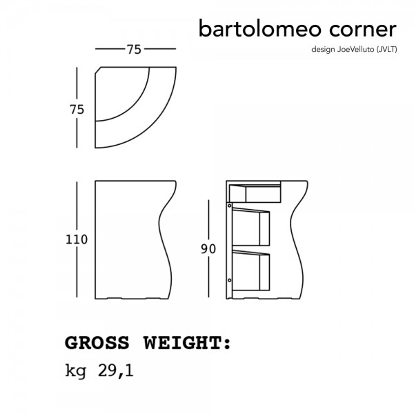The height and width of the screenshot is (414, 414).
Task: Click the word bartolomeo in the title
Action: coord(259,28)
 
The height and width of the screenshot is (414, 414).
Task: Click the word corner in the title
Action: coord(363,30)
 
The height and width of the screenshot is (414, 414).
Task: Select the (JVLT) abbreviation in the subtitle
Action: coord(386,50)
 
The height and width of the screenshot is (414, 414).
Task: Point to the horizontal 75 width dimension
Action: coord(134,50)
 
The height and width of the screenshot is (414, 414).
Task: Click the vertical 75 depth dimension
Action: coord(77,110)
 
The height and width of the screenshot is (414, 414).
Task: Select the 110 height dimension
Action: coord(77,239)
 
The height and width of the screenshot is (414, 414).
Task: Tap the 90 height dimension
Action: coord(208,249)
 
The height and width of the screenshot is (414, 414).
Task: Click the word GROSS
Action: coord(97,343)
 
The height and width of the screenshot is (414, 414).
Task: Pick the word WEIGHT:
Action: coord(187,343)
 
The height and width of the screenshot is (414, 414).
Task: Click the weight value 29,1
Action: coord(116,371)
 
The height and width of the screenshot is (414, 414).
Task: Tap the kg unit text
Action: coord(75,371)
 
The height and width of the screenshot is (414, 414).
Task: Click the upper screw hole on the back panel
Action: coord(230,206)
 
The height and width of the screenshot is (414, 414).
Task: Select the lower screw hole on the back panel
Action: coord(230,280)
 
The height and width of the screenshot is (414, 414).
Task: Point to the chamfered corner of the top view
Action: coord(98,70)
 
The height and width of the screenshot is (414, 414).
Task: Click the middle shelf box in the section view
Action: coord(251,227)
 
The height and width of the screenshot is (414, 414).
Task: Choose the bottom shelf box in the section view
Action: coord(251,270)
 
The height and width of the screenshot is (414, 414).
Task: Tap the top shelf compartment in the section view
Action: coord(255,194)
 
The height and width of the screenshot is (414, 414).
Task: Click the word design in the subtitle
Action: coord(323,50)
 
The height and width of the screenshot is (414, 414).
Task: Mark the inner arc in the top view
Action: coord(134,105)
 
